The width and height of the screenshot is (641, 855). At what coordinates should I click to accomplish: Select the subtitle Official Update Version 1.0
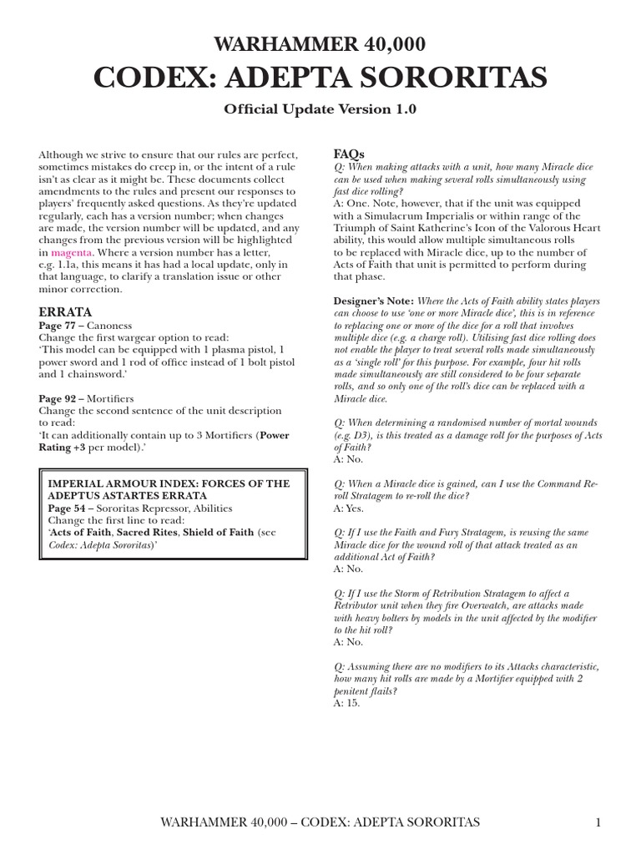[320, 109]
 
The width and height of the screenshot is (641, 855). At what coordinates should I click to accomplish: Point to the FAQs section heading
[348, 154]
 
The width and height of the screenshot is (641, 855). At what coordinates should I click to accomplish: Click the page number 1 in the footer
[598, 823]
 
